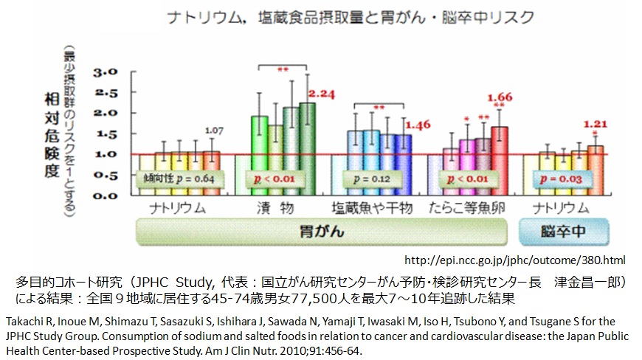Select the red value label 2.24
click(322, 94)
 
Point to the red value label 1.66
click(500, 97)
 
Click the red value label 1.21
click(596, 124)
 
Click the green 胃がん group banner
click(320, 232)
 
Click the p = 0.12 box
click(379, 179)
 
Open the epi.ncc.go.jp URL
click(516, 260)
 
